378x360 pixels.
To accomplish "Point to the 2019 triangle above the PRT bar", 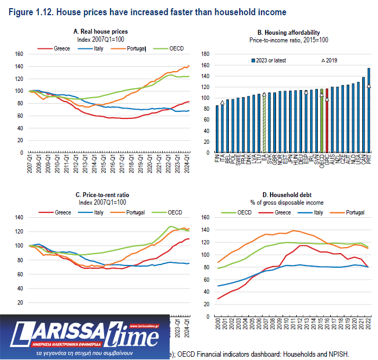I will [369, 86].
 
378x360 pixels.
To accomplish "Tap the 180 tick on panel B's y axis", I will [205, 54].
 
